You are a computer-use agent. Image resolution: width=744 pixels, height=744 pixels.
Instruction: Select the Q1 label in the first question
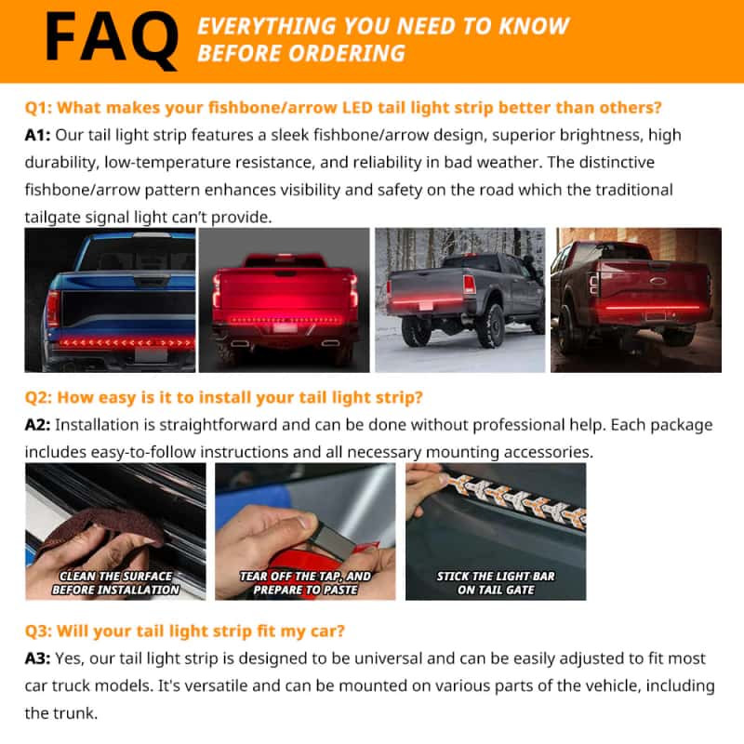tap(39, 107)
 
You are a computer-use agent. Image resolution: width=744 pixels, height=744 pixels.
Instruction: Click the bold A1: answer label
tap(39, 136)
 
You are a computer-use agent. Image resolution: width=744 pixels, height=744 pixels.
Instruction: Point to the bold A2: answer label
tap(39, 425)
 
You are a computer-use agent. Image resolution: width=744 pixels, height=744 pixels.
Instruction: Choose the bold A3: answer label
tap(39, 658)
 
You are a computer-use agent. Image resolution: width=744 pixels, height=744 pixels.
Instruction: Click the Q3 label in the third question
tap(39, 631)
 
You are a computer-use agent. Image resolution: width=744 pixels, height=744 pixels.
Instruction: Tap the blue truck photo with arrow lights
tap(110, 300)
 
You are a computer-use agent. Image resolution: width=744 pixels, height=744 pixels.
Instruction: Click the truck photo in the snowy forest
tap(459, 300)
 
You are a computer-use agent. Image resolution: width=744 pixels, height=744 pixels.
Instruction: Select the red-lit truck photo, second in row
tap(284, 300)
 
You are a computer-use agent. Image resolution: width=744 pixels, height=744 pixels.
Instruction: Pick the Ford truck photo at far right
tap(636, 300)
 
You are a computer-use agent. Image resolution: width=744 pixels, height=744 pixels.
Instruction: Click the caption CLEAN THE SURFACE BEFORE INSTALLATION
tap(115, 583)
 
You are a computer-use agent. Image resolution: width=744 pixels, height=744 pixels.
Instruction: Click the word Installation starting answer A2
tap(106, 425)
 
